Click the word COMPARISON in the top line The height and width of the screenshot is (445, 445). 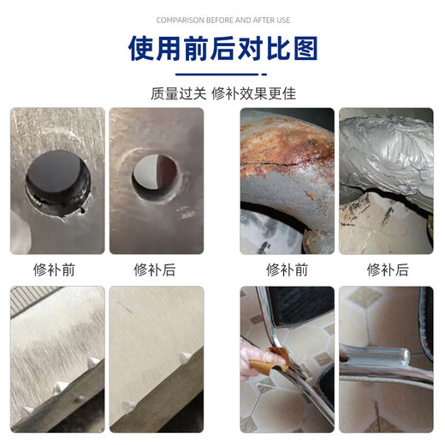[175, 20]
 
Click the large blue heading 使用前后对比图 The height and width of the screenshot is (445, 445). [222, 50]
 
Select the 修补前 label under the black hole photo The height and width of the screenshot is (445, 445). [57, 270]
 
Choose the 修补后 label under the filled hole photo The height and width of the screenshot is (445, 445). [155, 270]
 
